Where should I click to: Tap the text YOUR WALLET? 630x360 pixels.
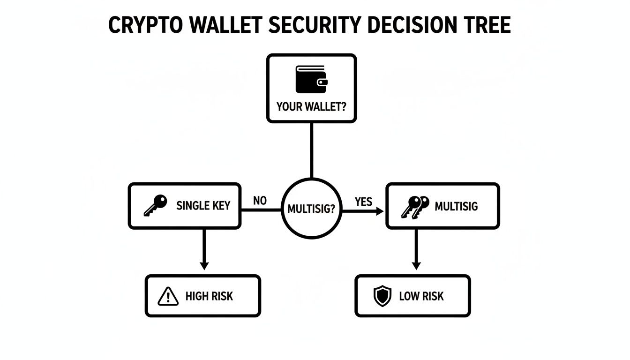pyautogui.click(x=311, y=106)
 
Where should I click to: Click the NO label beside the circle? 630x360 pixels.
pyautogui.click(x=260, y=201)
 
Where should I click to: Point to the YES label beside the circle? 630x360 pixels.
pyautogui.click(x=363, y=202)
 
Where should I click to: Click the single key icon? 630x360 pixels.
pyautogui.click(x=155, y=206)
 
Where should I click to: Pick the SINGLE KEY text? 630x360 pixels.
pyautogui.click(x=203, y=206)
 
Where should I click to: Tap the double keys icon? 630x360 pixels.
pyautogui.click(x=415, y=206)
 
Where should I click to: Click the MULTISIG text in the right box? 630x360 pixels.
pyautogui.click(x=456, y=206)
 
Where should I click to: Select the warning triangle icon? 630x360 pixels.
pyautogui.click(x=168, y=296)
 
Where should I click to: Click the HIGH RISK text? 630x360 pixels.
pyautogui.click(x=209, y=296)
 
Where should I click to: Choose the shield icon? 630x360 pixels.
pyautogui.click(x=382, y=296)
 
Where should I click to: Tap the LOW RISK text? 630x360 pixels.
pyautogui.click(x=421, y=296)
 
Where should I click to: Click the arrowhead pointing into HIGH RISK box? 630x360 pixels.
pyautogui.click(x=203, y=265)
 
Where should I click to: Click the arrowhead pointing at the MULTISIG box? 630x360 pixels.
pyautogui.click(x=379, y=211)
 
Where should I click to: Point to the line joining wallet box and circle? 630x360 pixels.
pyautogui.click(x=311, y=150)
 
